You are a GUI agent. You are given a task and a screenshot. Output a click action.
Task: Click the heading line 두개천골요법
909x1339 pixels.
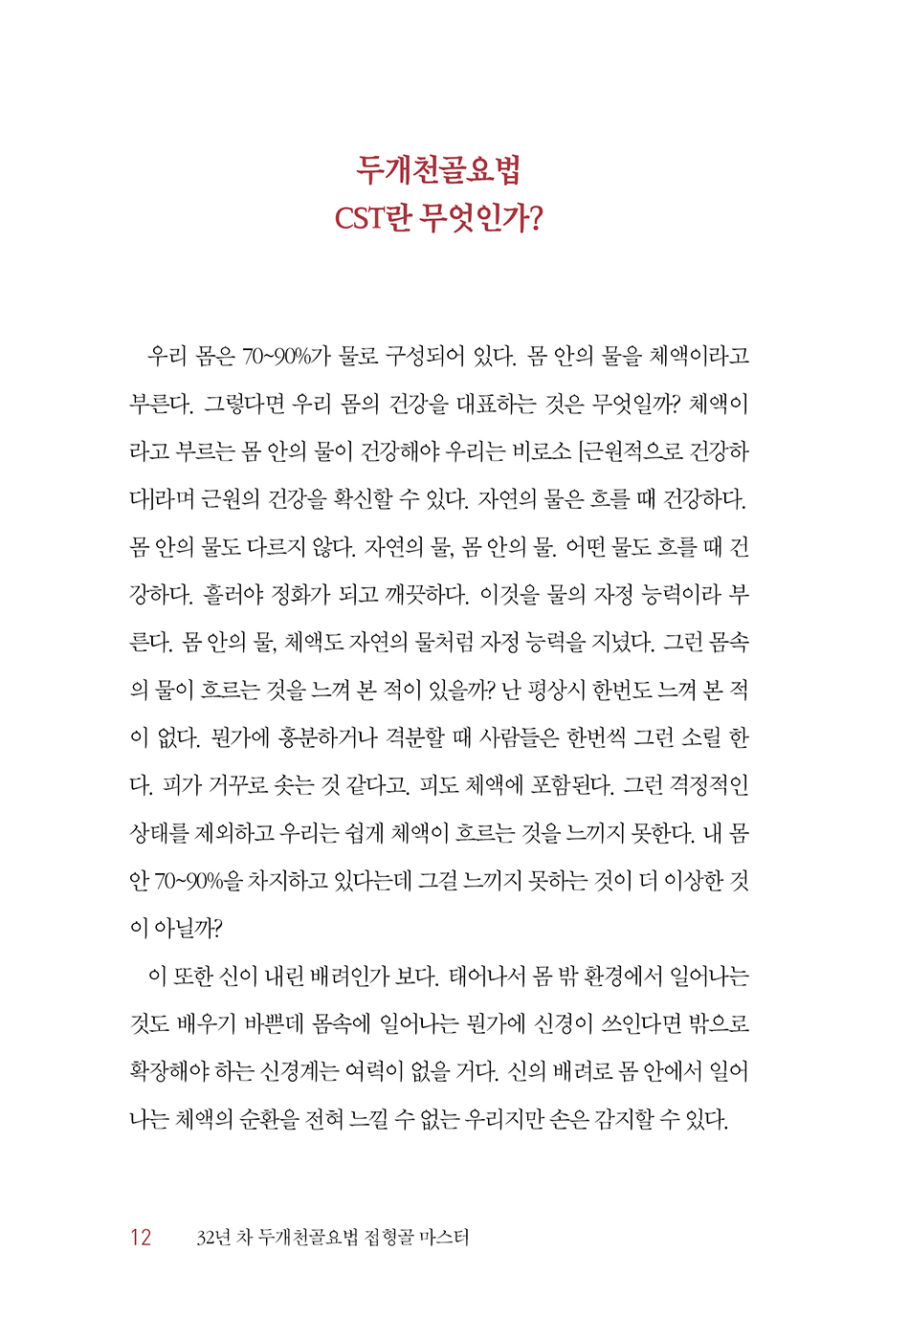pyautogui.click(x=439, y=170)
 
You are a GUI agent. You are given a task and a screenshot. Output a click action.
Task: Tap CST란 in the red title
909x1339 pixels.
pyautogui.click(x=372, y=219)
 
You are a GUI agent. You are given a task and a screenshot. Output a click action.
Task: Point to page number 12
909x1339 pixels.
pyautogui.click(x=141, y=1238)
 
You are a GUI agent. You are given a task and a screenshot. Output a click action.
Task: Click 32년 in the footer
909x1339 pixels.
pyautogui.click(x=213, y=1238)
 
